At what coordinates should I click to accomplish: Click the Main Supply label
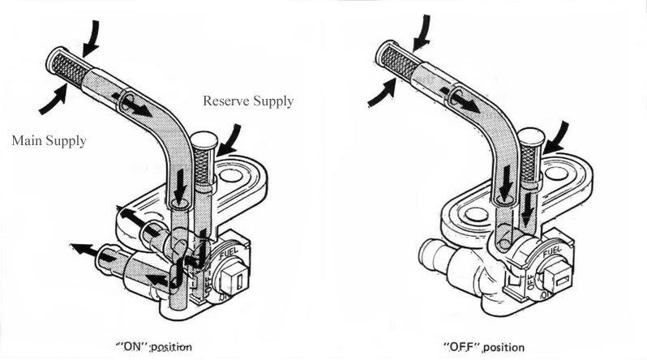pos(49,140)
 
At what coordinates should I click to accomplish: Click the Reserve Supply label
pos(248,101)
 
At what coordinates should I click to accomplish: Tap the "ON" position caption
pos(155,345)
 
